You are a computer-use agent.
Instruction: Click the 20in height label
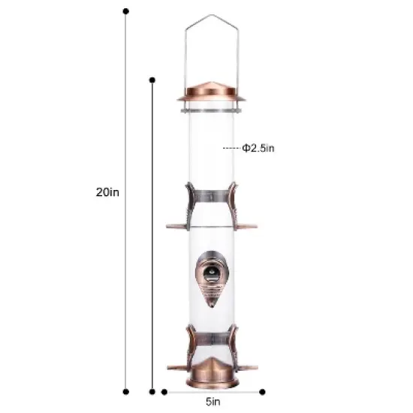pyautogui.click(x=107, y=191)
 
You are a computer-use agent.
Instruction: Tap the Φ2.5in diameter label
pyautogui.click(x=258, y=148)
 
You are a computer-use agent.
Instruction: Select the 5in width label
pyautogui.click(x=212, y=402)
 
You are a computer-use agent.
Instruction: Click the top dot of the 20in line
pyautogui.click(x=125, y=11)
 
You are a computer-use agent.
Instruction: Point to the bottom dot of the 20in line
pyautogui.click(x=125, y=390)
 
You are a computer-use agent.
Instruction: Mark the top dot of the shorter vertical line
pyautogui.click(x=152, y=79)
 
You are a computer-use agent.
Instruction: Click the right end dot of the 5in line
pyautogui.click(x=263, y=390)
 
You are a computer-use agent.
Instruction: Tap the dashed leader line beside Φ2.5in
pyautogui.click(x=231, y=148)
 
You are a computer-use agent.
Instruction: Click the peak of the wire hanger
pyautogui.click(x=211, y=17)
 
